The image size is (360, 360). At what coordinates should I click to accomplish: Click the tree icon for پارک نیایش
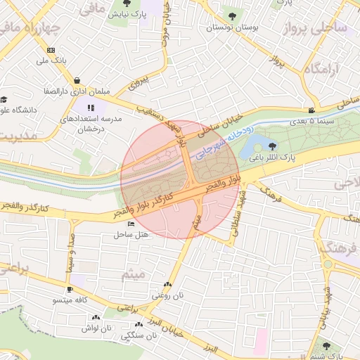pyautogui.click(x=127, y=4)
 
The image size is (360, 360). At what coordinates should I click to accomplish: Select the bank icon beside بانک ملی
pyautogui.click(x=51, y=50)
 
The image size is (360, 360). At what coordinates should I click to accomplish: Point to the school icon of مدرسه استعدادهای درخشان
pyautogui.click(x=90, y=108)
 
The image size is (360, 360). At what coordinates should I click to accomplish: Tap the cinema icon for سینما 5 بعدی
pyautogui.click(x=311, y=110)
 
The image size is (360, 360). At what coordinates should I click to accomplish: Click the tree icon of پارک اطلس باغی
pyautogui.click(x=272, y=146)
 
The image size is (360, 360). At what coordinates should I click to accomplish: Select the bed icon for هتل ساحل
pyautogui.click(x=131, y=224)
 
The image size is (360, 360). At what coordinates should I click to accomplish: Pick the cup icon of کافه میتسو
pyautogui.click(x=70, y=290)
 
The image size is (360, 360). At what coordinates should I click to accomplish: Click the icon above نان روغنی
pyautogui.click(x=167, y=285)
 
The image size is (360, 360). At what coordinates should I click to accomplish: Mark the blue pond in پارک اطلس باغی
pyautogui.click(x=250, y=148)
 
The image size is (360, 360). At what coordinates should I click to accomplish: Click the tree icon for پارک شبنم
pyautogui.click(x=326, y=346)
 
